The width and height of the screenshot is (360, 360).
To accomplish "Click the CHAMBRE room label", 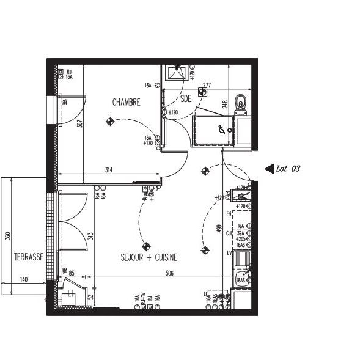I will click(x=127, y=103).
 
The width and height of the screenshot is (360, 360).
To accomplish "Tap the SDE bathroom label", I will click(x=185, y=98).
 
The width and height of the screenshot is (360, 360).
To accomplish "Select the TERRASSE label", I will click(x=29, y=257).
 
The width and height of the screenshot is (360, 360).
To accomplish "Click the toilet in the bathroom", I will click(x=242, y=103).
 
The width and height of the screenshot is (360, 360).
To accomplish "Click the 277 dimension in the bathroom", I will click(x=207, y=85).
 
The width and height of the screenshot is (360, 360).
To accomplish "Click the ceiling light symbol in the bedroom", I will click(x=111, y=121).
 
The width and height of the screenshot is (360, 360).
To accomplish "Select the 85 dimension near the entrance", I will click(x=72, y=273).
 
